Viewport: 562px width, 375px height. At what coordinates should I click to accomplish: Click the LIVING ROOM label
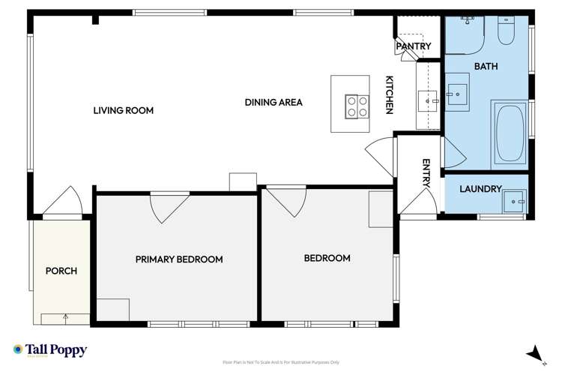[123, 110]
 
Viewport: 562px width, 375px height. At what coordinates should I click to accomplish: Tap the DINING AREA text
[274, 102]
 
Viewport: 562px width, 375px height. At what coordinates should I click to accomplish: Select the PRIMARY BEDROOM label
[179, 259]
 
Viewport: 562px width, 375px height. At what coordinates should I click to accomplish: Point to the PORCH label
[61, 271]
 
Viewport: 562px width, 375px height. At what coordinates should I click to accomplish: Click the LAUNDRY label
[480, 189]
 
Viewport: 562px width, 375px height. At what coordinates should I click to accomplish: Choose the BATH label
[486, 67]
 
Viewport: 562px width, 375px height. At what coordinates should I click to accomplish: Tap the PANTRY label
[414, 46]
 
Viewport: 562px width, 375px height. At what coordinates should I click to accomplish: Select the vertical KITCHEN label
[390, 95]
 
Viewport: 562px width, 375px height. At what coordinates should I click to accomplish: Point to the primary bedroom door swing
[168, 205]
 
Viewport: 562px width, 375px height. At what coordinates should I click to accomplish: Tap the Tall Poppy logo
[50, 350]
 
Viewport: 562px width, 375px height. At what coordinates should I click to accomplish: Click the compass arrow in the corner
[534, 353]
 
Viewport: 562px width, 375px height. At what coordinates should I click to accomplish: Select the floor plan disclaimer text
[281, 361]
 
